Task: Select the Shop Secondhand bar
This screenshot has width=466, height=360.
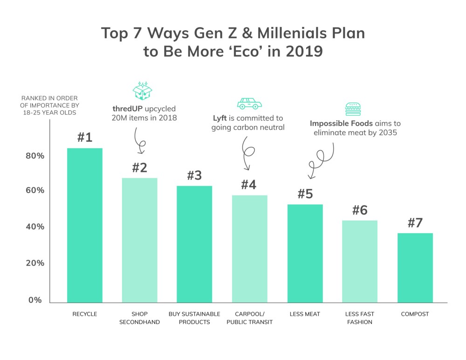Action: pos(139,240)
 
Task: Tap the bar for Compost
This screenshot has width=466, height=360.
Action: pos(415,268)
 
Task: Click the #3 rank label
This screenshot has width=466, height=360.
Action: pos(194,176)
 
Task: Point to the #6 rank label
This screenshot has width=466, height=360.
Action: pos(359,210)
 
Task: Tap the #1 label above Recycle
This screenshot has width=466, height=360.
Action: pos(85,138)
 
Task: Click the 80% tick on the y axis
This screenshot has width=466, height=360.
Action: pos(35,155)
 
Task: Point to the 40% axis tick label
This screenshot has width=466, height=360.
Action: pos(35,227)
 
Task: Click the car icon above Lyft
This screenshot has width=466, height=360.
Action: pos(249,103)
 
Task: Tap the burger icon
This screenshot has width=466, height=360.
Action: pos(353,109)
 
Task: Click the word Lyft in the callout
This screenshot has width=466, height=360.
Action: pos(219,118)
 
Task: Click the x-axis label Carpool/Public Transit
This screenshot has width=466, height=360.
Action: pos(249,318)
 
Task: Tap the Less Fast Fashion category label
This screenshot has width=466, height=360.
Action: pos(359,318)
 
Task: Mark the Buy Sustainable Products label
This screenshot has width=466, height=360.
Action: pos(194,318)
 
